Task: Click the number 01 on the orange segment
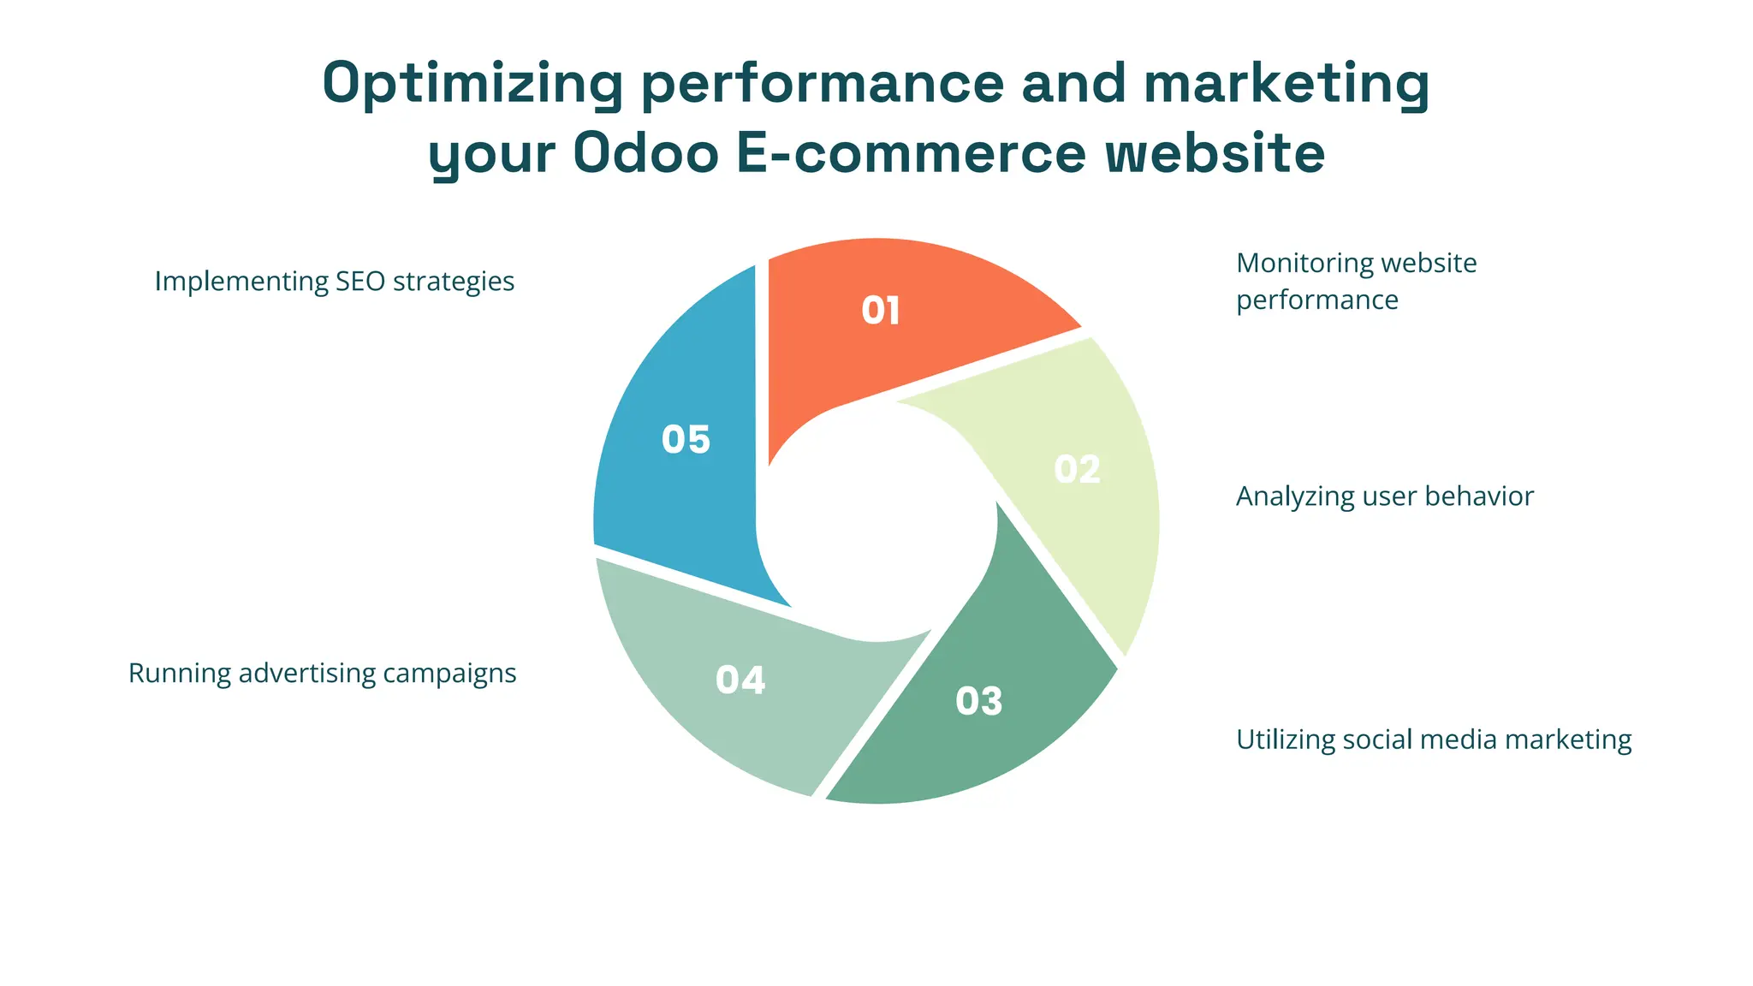pos(880,311)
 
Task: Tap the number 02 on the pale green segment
pos(1077,470)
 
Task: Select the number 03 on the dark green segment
pos(978,702)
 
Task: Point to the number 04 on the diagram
pos(740,680)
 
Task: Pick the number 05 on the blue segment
pos(686,440)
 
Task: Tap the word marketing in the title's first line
pos(1286,84)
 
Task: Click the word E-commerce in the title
pos(912,154)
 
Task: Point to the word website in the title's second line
pos(1215,154)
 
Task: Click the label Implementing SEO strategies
pos(334,282)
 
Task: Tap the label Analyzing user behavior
pos(1384,496)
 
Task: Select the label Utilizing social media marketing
pos(1434,739)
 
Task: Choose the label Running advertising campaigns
pos(322,674)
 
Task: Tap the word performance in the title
pos(823,84)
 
